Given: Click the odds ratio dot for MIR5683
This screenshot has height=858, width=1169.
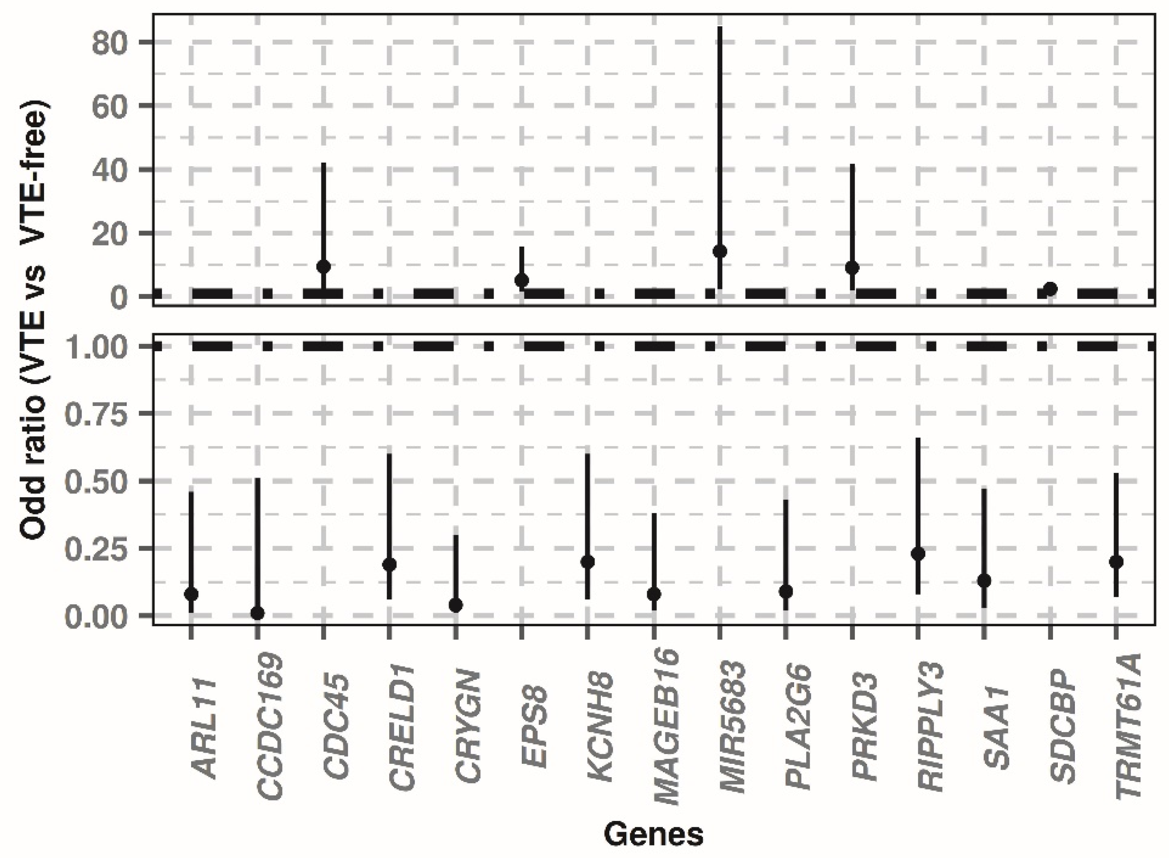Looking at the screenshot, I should click(x=720, y=251).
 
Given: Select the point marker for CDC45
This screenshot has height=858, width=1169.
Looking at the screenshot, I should click(x=324, y=267).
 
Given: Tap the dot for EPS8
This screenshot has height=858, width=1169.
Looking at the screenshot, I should click(x=522, y=280).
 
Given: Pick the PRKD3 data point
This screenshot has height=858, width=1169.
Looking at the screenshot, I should click(x=852, y=268).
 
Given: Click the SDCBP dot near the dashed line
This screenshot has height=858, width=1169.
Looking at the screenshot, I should click(x=1051, y=289).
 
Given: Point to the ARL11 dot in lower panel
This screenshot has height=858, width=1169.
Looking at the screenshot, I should click(x=191, y=594).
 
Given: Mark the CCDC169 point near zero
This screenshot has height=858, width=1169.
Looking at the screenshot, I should click(x=258, y=613).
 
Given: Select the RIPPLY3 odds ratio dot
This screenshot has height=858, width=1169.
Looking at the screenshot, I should click(x=918, y=554).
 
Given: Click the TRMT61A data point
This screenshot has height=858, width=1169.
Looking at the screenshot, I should click(x=1116, y=561).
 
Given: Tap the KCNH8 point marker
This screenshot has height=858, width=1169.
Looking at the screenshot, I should click(x=587, y=561).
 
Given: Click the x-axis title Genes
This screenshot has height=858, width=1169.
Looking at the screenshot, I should click(x=653, y=835).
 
